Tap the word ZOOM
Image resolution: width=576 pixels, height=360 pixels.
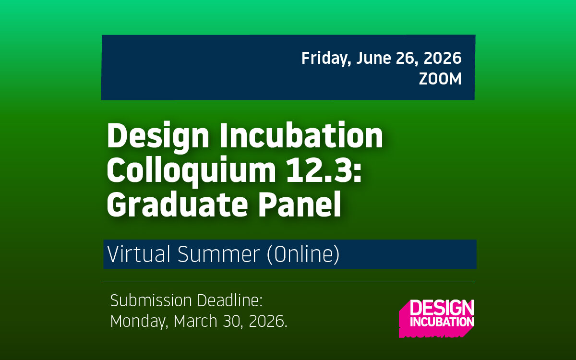coord(440,79)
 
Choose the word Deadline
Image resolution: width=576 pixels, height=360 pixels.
coord(230,301)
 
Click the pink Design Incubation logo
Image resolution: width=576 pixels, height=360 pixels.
coord(436,317)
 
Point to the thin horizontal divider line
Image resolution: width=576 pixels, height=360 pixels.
coord(288,281)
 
